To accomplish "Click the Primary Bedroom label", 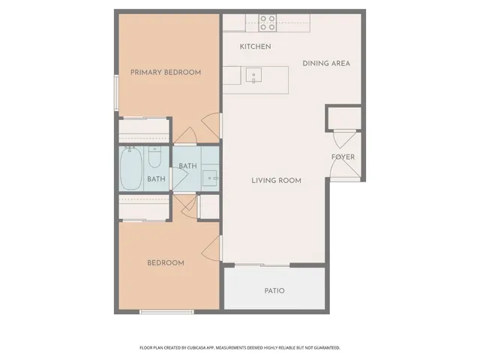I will (x=166, y=72).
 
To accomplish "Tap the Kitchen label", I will (x=255, y=46).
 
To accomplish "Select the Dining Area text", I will (x=326, y=63).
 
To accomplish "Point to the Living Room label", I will (x=276, y=180).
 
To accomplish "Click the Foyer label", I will (x=343, y=157).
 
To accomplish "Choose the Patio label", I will (x=274, y=291).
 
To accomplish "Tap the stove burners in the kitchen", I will (x=267, y=22).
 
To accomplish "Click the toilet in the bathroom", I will (x=154, y=157).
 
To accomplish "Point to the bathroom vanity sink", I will (x=211, y=178).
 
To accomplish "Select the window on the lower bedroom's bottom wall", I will (x=161, y=310).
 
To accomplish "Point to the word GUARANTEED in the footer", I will (x=323, y=348).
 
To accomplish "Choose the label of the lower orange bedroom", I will (x=166, y=262).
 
